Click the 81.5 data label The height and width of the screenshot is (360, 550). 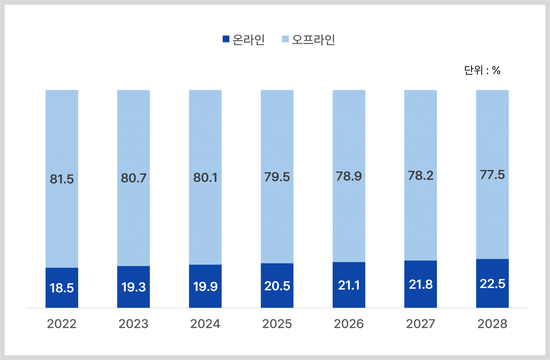pos(62,179)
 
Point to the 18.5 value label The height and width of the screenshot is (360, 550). pos(62,288)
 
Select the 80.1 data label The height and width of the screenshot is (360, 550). pos(205,178)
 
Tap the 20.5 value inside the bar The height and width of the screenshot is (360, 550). pos(277,286)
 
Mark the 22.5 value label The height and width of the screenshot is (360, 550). pos(492,284)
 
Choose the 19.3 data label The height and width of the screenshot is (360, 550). pos(133,287)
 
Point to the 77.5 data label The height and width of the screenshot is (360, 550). pos(492,175)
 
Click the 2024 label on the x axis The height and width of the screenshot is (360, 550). pos(205,324)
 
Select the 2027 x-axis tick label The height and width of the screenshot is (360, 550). pos(420,324)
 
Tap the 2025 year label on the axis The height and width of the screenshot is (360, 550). pos(277,324)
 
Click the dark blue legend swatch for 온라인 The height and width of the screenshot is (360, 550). pos(226,39)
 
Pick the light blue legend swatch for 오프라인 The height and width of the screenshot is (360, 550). pos(285,39)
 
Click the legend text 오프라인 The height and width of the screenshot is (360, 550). pos(313,40)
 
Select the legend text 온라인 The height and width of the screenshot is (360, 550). pos(248,40)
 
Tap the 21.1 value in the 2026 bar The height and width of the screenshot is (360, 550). pos(349,285)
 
